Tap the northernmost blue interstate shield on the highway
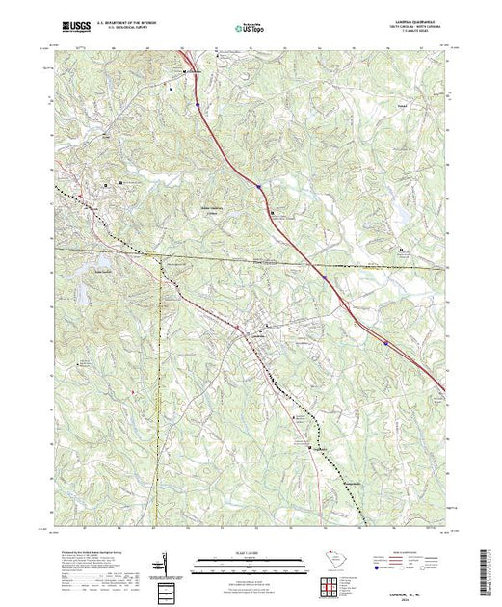197,103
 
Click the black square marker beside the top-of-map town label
186,71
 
